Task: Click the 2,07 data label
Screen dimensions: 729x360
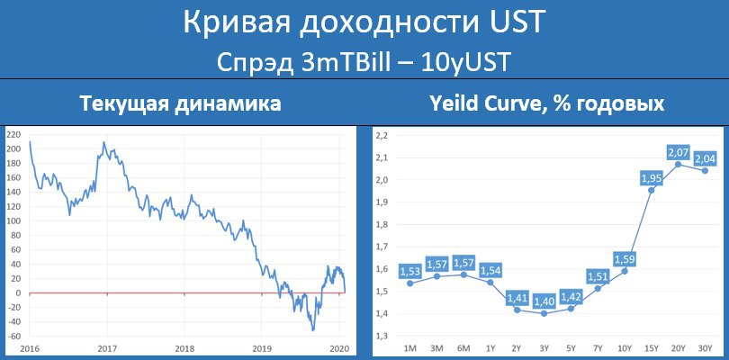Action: coord(678,152)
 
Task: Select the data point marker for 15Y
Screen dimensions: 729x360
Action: coord(652,190)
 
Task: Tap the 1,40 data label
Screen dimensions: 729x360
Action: coord(544,302)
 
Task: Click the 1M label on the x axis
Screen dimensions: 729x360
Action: coord(409,347)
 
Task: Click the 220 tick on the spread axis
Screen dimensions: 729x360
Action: coord(13,134)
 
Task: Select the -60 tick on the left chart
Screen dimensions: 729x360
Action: coord(13,337)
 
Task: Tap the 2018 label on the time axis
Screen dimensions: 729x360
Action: coord(184,349)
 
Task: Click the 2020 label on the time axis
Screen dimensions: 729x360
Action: coord(340,349)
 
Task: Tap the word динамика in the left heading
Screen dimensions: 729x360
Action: coord(226,103)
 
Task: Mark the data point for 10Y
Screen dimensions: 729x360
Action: coord(625,271)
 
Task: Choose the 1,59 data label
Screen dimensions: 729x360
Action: coord(625,258)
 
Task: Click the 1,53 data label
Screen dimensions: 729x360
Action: coord(409,271)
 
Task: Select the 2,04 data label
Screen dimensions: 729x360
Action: coord(705,158)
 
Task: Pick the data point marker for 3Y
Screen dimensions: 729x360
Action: coord(544,313)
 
